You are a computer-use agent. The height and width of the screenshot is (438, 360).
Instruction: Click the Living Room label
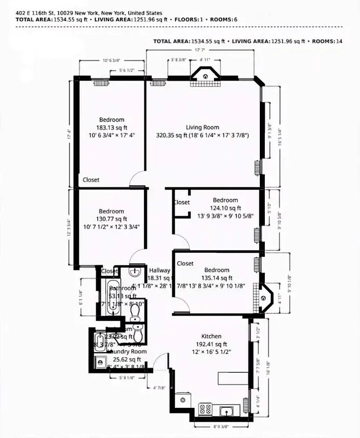tap(203, 127)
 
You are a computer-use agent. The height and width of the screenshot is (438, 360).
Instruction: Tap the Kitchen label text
tap(212, 336)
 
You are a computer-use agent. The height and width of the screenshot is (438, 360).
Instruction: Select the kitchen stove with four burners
tap(206, 408)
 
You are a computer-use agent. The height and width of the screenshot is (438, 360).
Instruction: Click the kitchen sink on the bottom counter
tap(225, 410)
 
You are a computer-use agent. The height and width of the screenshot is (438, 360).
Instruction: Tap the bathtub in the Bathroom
tap(112, 300)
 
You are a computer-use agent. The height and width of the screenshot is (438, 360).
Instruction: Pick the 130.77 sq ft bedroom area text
tap(111, 219)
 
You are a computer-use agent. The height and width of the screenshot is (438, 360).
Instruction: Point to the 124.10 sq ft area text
tap(226, 208)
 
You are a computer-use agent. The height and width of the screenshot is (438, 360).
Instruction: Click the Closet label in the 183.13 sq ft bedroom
tap(91, 179)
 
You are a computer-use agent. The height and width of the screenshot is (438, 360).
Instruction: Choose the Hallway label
tap(160, 270)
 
